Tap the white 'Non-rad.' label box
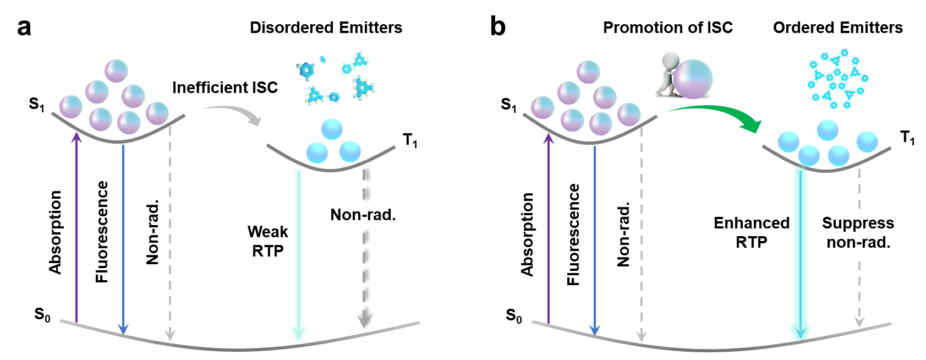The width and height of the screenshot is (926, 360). [372, 214]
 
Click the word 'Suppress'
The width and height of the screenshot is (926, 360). [858, 223]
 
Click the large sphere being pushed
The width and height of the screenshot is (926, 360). [693, 79]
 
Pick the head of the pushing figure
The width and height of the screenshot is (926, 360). [671, 58]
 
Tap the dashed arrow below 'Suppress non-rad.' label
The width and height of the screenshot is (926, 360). [859, 292]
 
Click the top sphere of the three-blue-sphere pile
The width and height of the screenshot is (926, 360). [332, 129]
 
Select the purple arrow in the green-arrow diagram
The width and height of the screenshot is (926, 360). [548, 226]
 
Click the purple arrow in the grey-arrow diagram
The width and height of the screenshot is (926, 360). [76, 226]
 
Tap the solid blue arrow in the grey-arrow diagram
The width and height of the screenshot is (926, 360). [123, 237]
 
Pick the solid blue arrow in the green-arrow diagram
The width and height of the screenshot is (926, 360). [594, 237]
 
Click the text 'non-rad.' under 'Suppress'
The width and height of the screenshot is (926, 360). [858, 242]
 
